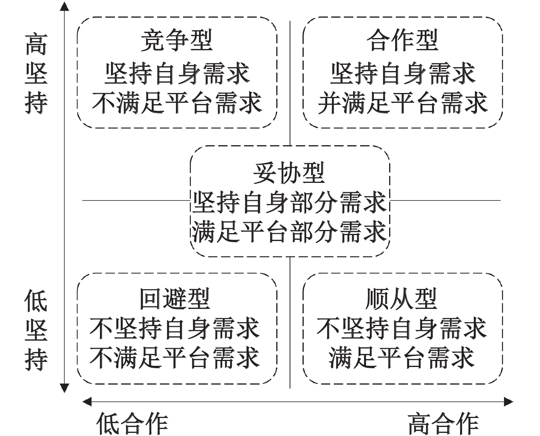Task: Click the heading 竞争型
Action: pyautogui.click(x=176, y=41)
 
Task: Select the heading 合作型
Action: pyautogui.click(x=402, y=41)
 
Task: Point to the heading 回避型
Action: pyautogui.click(x=175, y=299)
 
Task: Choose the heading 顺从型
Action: pyautogui.click(x=401, y=299)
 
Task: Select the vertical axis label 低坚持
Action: pyautogui.click(x=36, y=330)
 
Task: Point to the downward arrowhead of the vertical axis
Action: pyautogui.click(x=64, y=389)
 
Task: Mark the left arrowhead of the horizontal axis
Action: pyautogui.click(x=87, y=401)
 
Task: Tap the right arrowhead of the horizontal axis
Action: pyautogui.click(x=509, y=401)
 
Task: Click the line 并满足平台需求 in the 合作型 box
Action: pyautogui.click(x=402, y=103)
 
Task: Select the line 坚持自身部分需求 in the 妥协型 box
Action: pyautogui.click(x=289, y=202)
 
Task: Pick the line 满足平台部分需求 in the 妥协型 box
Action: pyautogui.click(x=289, y=232)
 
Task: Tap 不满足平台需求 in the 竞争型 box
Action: pyautogui.click(x=176, y=103)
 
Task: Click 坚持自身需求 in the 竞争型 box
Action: pyautogui.click(x=176, y=73)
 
